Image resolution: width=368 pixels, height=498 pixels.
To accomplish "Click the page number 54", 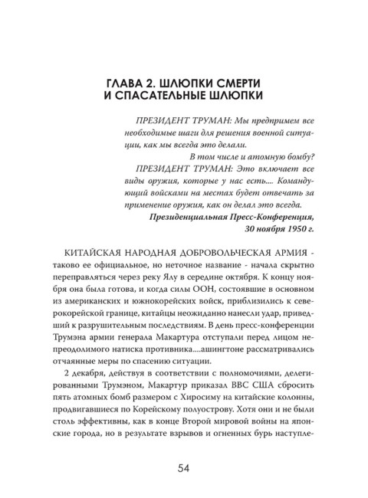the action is (x=184, y=468).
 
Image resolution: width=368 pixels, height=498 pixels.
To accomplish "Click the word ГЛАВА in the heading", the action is (x=127, y=81).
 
